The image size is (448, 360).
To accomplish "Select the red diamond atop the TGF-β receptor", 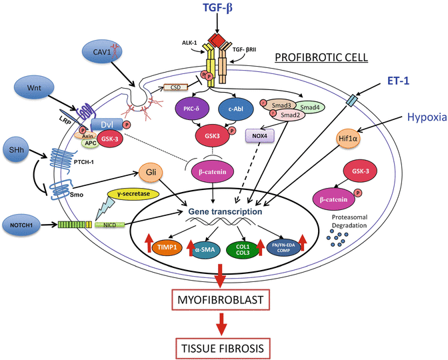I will (x=217, y=35).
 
